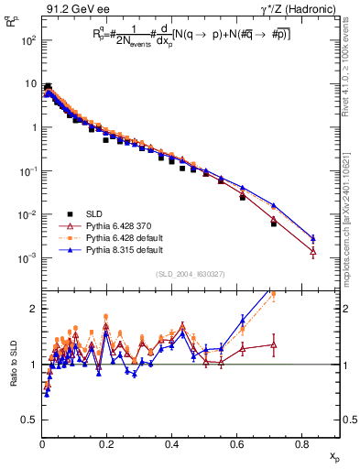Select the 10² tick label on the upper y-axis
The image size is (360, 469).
click(28, 41)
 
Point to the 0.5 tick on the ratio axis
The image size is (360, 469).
click(30, 420)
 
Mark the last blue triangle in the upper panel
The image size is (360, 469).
click(313, 237)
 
